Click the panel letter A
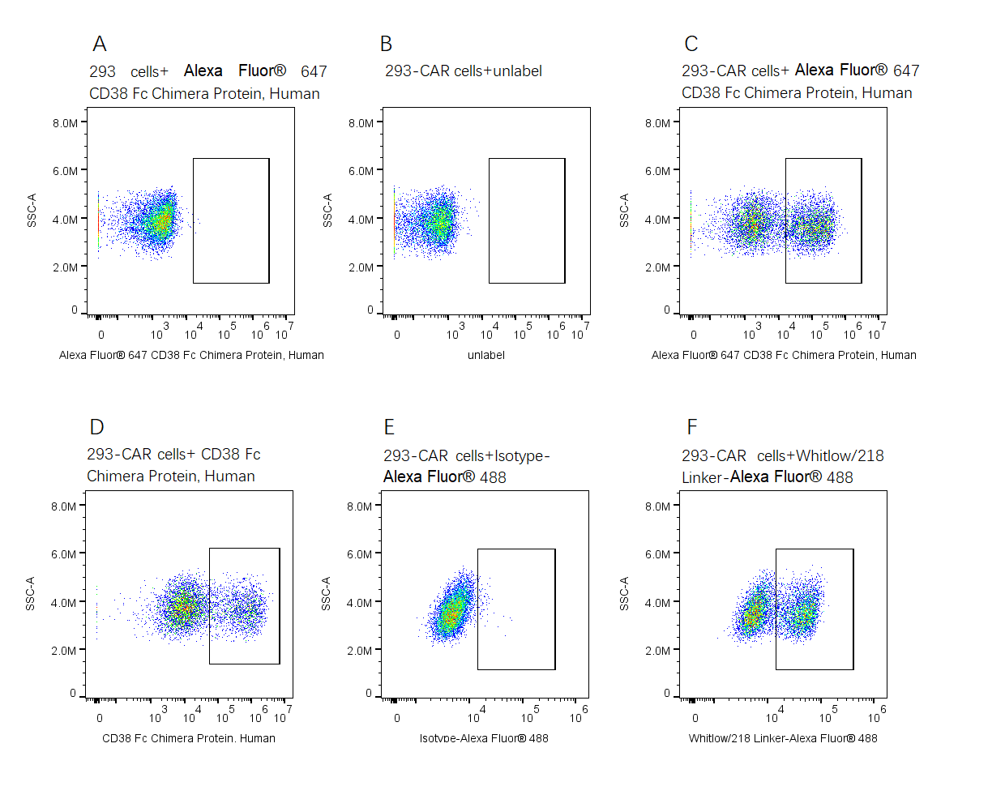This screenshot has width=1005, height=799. tap(100, 44)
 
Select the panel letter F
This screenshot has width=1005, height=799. tap(691, 427)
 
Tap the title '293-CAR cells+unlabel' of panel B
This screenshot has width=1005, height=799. tap(463, 71)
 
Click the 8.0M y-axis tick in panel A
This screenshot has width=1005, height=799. tap(66, 123)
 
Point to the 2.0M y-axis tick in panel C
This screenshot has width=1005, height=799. tap(657, 267)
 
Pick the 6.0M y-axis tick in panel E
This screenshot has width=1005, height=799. tap(360, 554)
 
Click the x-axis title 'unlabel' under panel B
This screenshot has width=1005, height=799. tap(486, 355)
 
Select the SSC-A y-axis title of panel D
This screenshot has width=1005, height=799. tap(31, 594)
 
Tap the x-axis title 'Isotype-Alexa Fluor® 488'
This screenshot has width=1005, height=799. tap(484, 738)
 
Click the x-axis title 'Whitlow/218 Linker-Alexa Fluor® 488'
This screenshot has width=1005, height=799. tap(783, 738)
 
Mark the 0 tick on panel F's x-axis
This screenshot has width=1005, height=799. tap(695, 718)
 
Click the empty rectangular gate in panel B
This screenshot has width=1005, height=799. tap(527, 220)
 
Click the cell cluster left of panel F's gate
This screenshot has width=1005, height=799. tap(754, 612)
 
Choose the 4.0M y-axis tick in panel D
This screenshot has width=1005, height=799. tap(63, 603)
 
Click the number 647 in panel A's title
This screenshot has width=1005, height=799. tap(314, 71)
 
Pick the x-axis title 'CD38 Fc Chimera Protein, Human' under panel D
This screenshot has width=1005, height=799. tap(189, 738)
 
